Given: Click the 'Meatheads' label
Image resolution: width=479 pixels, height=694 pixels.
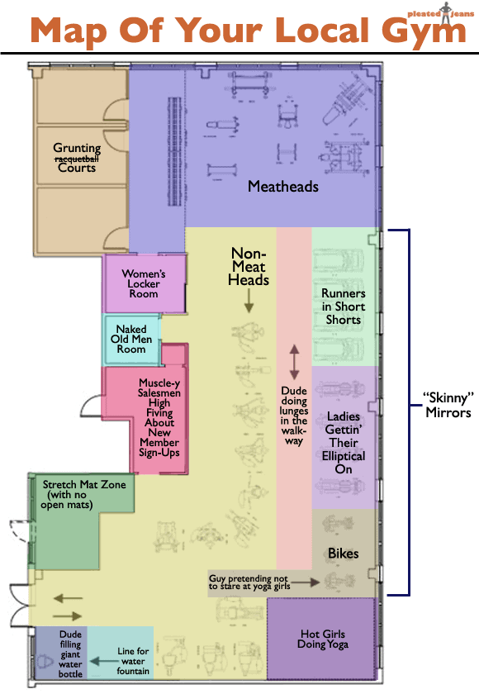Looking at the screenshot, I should point(283,187).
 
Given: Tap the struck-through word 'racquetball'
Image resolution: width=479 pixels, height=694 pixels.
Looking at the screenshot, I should point(77,158).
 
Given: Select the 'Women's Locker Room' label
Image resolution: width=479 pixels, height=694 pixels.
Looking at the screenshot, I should point(144,283).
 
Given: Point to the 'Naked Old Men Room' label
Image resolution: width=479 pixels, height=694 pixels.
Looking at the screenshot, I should point(131,339).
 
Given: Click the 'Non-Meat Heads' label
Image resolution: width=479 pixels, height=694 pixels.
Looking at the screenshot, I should point(249,266).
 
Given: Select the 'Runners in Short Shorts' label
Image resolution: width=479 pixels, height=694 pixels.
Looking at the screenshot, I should point(343,307).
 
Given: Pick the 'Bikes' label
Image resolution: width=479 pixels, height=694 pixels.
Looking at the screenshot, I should point(343,552).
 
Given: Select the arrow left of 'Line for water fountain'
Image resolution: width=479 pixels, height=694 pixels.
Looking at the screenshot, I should point(101,661).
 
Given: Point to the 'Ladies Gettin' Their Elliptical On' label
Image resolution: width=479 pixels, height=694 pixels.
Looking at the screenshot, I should point(344,443).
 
